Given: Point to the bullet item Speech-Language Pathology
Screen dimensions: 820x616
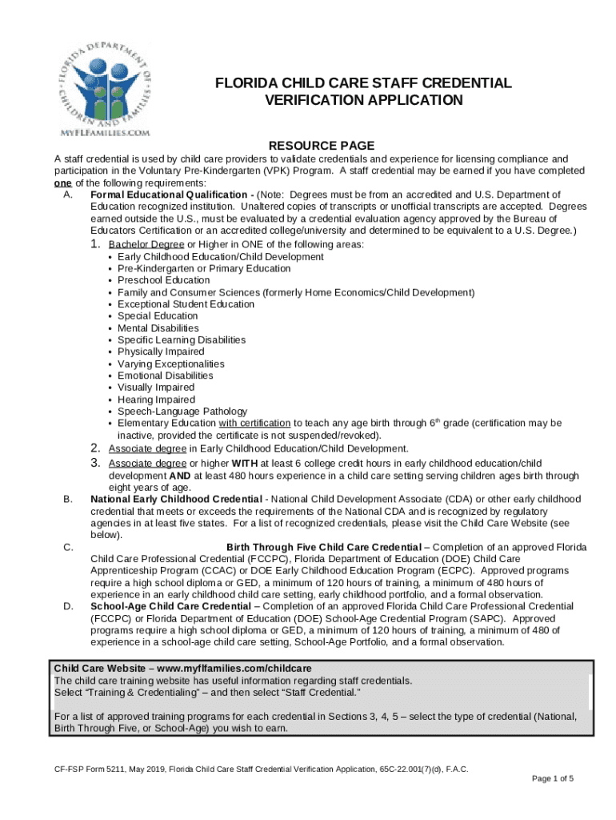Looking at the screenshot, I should pyautogui.click(x=182, y=412).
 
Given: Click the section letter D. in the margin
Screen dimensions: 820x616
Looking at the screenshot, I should pyautogui.click(x=69, y=606).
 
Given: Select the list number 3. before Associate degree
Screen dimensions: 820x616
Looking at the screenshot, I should pyautogui.click(x=94, y=463).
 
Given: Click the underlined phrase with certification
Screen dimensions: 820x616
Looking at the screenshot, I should pyautogui.click(x=254, y=423).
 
